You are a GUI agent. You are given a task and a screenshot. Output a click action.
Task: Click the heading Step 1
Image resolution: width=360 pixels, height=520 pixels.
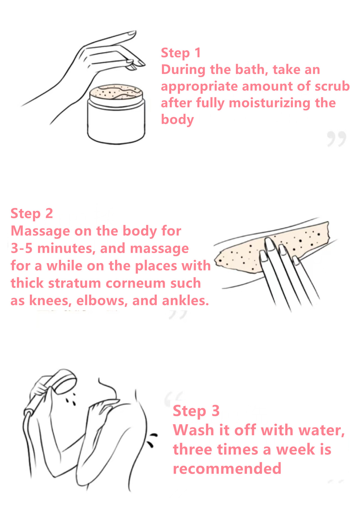[x=181, y=53]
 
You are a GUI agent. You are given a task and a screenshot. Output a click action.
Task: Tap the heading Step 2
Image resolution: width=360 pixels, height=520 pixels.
[x=32, y=214]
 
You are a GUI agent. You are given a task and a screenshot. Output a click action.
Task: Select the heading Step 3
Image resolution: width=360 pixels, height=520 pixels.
[x=196, y=411]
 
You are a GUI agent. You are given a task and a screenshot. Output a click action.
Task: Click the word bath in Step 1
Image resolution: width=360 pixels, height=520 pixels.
[x=251, y=69]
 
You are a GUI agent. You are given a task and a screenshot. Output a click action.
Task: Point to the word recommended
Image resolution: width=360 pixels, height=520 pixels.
[x=227, y=468]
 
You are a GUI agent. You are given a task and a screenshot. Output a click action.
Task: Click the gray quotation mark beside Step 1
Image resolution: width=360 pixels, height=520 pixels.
[x=336, y=139]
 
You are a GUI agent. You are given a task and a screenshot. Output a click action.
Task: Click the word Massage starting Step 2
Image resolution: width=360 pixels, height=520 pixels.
[x=40, y=231]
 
